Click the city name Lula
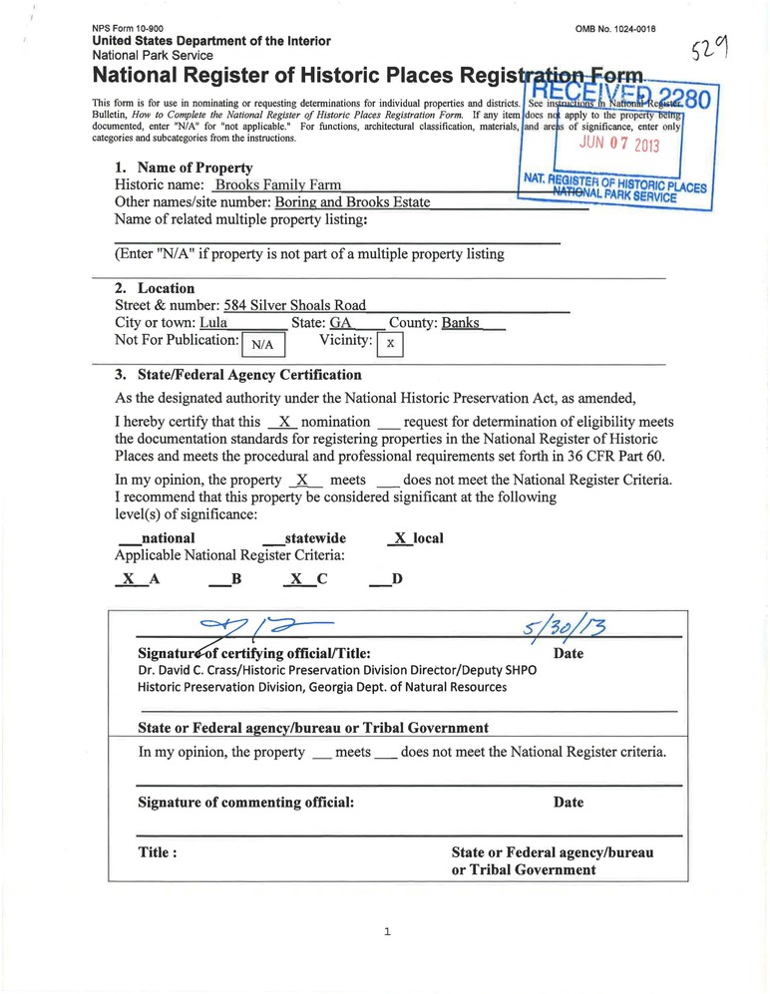(x=214, y=323)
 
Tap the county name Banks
(x=461, y=323)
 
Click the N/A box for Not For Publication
(x=263, y=344)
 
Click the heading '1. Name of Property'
(x=184, y=168)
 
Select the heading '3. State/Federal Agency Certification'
(x=238, y=375)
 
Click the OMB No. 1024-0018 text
(x=615, y=29)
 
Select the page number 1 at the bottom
(x=386, y=932)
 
